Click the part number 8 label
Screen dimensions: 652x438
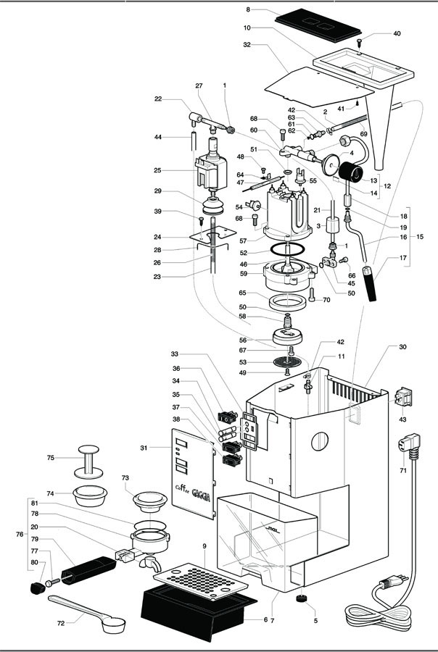[x=248, y=9]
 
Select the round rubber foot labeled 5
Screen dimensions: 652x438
[x=299, y=599]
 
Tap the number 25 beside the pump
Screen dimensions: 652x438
[x=158, y=171]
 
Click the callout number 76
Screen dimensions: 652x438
[x=20, y=534]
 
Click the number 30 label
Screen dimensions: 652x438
[x=403, y=347]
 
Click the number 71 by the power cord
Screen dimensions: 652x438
[x=402, y=471]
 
